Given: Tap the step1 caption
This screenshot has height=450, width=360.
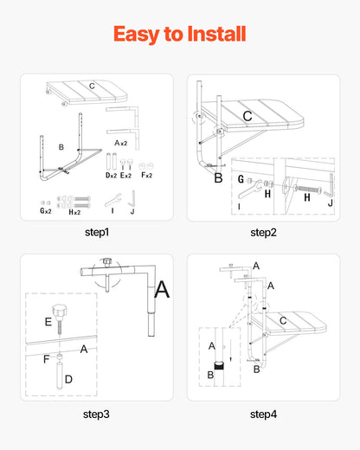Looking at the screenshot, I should coord(97,232).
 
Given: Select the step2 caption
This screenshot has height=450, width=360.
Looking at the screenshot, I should coord(263,232).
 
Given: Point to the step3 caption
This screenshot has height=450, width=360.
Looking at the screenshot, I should coord(97,414).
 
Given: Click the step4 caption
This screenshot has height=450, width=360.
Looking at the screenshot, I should coord(263,414).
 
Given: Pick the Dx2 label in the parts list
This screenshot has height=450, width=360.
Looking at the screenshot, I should coord(109,176).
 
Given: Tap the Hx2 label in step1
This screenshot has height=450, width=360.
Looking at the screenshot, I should coord(75,212).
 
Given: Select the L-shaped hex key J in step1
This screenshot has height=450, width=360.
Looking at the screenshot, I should coord(132,200).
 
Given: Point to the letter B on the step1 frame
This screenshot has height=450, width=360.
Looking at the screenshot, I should coord(61,147).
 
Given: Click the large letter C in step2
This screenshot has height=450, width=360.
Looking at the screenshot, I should coord(247,115).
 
